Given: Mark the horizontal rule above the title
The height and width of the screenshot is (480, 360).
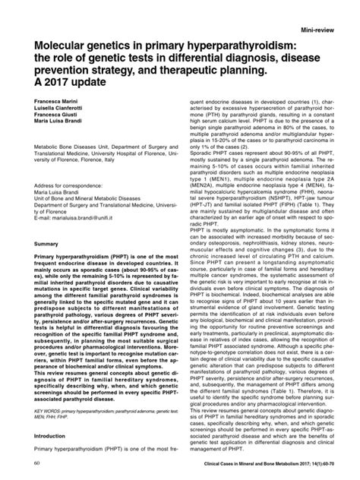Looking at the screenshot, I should point(180,39).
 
